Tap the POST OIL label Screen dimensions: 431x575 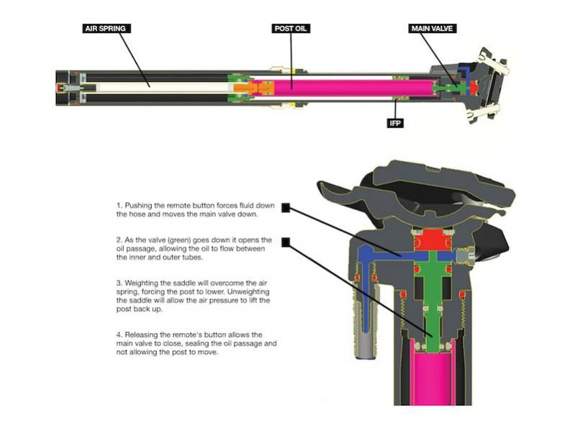tap(291, 29)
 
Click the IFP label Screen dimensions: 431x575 tap(395, 123)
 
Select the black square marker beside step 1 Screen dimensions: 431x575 tap(286, 207)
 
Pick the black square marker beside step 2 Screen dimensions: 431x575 tap(286, 242)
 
